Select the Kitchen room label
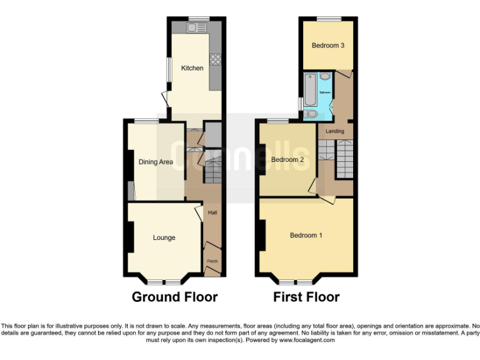(192, 67)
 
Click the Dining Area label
(156, 162)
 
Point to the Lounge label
(164, 237)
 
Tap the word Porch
(212, 255)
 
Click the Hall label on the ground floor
(212, 213)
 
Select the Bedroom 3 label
(328, 46)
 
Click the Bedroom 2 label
(287, 159)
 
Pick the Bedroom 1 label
(306, 235)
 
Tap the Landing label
(335, 131)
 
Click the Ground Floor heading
(174, 297)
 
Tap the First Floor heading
(306, 297)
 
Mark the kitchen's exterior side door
(164, 99)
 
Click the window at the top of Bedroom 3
(328, 18)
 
